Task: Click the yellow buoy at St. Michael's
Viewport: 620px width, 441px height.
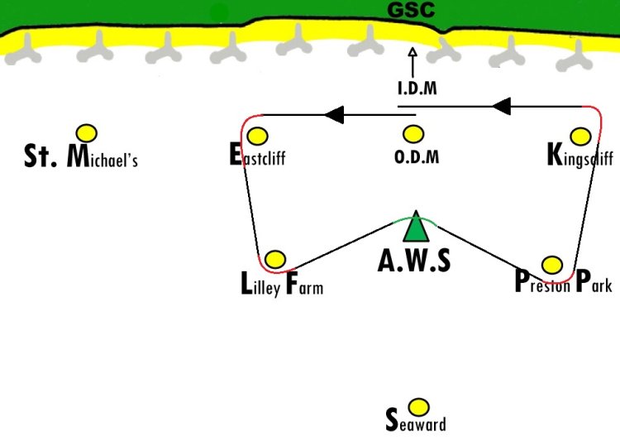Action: pyautogui.click(x=87, y=133)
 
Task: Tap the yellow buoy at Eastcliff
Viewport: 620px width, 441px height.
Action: pyautogui.click(x=257, y=137)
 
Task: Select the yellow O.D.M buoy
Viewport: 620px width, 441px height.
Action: pyautogui.click(x=413, y=134)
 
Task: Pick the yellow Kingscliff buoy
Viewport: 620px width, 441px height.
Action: pyautogui.click(x=581, y=137)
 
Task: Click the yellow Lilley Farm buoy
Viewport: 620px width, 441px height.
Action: pyautogui.click(x=275, y=259)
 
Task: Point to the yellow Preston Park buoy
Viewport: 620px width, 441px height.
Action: pyautogui.click(x=552, y=265)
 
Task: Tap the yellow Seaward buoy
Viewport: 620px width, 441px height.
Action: pyautogui.click(x=418, y=407)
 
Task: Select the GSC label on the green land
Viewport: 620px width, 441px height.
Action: pyautogui.click(x=411, y=10)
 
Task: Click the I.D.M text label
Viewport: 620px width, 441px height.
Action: pyautogui.click(x=417, y=88)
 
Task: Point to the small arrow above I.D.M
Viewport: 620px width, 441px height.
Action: pyautogui.click(x=413, y=63)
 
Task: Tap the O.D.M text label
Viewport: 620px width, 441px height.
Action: pyautogui.click(x=417, y=156)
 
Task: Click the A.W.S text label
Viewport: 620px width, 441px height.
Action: pyautogui.click(x=414, y=261)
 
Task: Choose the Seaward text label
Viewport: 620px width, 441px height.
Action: pyautogui.click(x=416, y=420)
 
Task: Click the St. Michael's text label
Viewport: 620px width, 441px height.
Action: pyautogui.click(x=81, y=156)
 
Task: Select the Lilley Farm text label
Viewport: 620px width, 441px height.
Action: pyautogui.click(x=282, y=283)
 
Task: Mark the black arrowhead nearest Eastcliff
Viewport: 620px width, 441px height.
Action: pyautogui.click(x=334, y=115)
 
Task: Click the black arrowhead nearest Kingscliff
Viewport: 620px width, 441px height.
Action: pyautogui.click(x=502, y=106)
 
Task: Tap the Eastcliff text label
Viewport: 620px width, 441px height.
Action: pyautogui.click(x=257, y=155)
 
